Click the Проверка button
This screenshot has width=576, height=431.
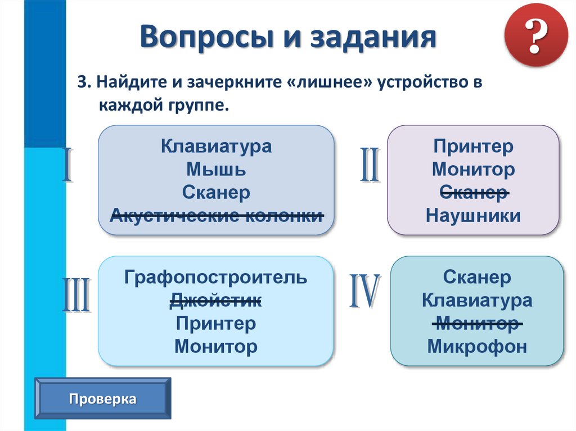click(x=103, y=400)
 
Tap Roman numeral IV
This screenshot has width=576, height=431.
click(x=364, y=292)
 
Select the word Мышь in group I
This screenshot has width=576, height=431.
click(x=216, y=170)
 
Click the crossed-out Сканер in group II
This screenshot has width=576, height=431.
click(x=473, y=192)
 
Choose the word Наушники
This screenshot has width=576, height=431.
click(x=473, y=216)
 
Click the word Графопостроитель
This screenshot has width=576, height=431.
click(x=216, y=278)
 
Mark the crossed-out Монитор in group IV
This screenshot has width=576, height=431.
click(x=477, y=324)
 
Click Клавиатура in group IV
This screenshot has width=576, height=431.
click(x=477, y=301)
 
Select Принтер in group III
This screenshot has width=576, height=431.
click(x=216, y=324)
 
